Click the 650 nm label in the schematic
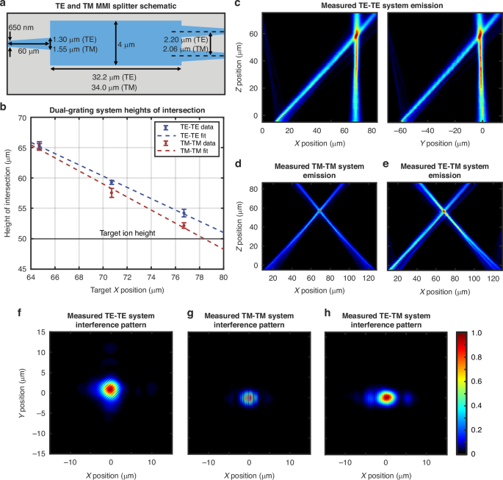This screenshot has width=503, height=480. [x=21, y=26]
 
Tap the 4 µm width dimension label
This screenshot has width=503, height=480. [x=131, y=44]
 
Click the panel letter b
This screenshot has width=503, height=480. [x=4, y=108]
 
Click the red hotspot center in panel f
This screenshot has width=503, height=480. [x=110, y=388]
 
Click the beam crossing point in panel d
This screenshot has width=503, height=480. [x=319, y=212]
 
